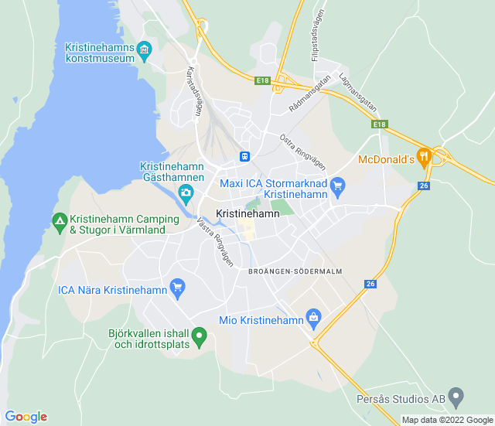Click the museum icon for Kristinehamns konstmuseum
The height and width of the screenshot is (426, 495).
click(x=145, y=51)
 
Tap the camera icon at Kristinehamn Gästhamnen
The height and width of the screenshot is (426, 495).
click(x=186, y=192)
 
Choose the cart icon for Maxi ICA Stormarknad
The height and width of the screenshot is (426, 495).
click(x=337, y=186)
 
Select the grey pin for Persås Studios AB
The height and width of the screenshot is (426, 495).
click(x=456, y=398)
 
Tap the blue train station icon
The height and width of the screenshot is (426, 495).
click(x=244, y=156)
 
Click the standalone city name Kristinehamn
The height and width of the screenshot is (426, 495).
click(x=247, y=213)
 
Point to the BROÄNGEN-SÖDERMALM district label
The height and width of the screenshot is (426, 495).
click(x=295, y=271)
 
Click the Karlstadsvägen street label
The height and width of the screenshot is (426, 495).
click(x=193, y=90)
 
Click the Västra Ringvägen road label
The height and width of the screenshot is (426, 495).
click(x=215, y=239)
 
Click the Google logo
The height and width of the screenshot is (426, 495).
click(x=26, y=417)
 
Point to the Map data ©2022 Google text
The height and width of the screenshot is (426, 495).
click(x=447, y=420)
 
